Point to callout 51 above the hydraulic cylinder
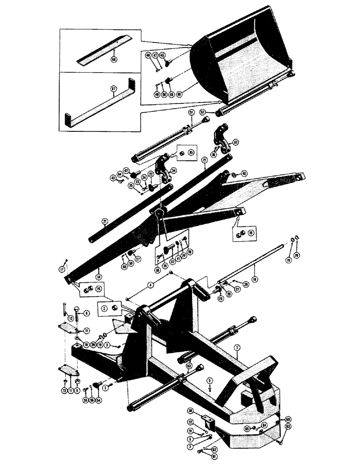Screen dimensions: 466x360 coord(190,113)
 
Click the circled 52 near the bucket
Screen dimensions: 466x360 coord(215,112)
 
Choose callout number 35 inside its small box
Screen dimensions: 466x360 coord(191,152)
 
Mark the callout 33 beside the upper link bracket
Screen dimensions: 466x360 coord(235,142)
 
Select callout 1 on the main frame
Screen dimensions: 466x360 coord(237,348)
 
